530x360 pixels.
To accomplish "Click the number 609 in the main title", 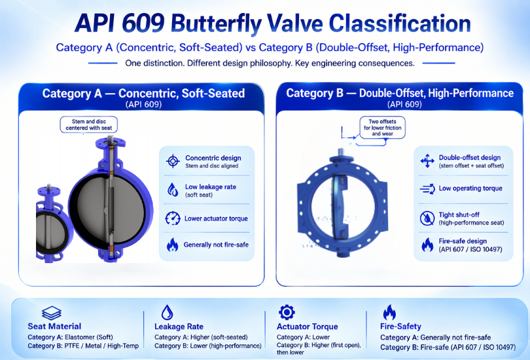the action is pyautogui.click(x=143, y=24).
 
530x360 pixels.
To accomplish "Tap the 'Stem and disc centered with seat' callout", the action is pyautogui.click(x=89, y=125).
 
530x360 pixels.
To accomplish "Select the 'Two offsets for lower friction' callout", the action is pyautogui.click(x=382, y=128).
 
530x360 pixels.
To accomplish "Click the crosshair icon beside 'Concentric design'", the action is pyautogui.click(x=173, y=161).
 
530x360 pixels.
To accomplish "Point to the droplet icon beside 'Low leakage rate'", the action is pyautogui.click(x=173, y=190).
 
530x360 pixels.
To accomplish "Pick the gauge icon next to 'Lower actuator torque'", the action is pyautogui.click(x=173, y=219).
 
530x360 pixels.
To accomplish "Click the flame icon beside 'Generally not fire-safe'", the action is pyautogui.click(x=172, y=245).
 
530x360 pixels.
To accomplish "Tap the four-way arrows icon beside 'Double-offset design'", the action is pyautogui.click(x=427, y=161).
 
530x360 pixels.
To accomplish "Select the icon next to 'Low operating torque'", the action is pyautogui.click(x=427, y=189).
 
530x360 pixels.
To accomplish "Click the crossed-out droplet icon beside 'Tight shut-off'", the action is pyautogui.click(x=427, y=219).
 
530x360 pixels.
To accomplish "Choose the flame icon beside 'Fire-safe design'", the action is pyautogui.click(x=427, y=245).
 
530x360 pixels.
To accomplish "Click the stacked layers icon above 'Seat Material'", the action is pyautogui.click(x=52, y=313).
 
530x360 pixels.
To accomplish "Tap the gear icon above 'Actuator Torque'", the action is pyautogui.click(x=287, y=312).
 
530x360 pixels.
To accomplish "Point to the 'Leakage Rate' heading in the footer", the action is pyautogui.click(x=179, y=327).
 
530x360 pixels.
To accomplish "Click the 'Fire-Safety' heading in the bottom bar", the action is pyautogui.click(x=400, y=326).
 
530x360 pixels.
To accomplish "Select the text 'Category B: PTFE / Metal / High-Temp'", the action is pyautogui.click(x=83, y=346).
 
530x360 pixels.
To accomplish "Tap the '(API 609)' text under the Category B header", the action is pyautogui.click(x=404, y=105).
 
